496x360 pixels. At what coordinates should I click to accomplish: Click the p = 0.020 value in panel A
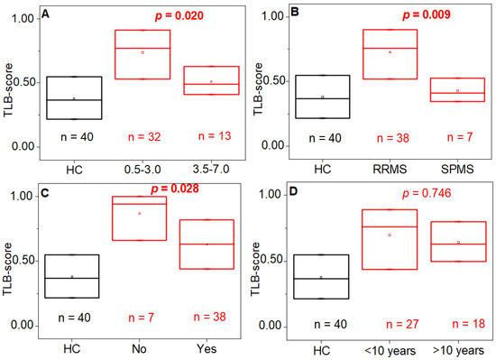click(x=179, y=16)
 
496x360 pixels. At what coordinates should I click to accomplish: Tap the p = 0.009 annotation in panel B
click(x=427, y=14)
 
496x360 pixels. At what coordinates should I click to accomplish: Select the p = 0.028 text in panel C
click(x=175, y=189)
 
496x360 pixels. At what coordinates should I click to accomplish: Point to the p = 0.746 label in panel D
click(x=427, y=193)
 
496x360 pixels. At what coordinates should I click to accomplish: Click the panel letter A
click(x=46, y=14)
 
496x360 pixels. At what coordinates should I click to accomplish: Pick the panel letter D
click(x=294, y=191)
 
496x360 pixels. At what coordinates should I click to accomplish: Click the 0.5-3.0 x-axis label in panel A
click(x=142, y=170)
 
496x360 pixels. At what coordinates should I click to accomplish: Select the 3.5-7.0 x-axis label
click(x=211, y=170)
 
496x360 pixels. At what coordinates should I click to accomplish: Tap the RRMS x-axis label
click(x=390, y=170)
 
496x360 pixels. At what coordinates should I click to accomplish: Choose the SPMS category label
click(x=457, y=170)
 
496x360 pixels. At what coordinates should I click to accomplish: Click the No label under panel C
click(x=139, y=349)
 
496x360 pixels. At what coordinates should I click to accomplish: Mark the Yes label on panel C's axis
click(x=207, y=349)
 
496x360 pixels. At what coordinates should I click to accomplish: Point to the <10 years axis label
click(x=390, y=351)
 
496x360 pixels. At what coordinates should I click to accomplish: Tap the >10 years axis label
click(x=458, y=351)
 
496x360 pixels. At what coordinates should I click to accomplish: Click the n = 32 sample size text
click(x=144, y=137)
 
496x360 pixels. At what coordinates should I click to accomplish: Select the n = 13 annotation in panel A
click(x=215, y=136)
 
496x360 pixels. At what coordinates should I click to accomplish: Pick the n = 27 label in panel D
click(x=402, y=324)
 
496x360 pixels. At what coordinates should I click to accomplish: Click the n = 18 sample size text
click(x=468, y=324)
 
